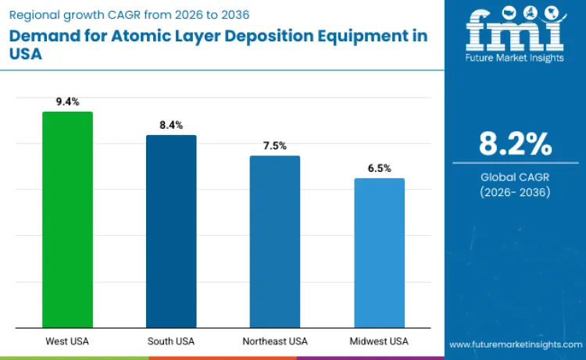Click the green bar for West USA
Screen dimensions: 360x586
67,219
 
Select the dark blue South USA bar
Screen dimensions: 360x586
171,231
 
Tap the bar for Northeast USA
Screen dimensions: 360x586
275,241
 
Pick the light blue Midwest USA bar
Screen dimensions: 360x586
379,253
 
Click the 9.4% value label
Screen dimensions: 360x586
67,102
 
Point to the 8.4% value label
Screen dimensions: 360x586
171,125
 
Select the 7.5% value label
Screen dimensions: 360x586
275,146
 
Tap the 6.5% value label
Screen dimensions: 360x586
379,168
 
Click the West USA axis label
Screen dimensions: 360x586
67,341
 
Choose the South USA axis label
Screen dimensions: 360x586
171,341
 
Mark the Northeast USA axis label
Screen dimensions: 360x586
275,341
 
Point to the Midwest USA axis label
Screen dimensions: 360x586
379,341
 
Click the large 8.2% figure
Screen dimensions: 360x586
515,144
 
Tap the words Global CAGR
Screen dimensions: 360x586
515,177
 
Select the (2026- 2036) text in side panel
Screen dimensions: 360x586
515,192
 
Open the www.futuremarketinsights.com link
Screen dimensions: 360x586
514,344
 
